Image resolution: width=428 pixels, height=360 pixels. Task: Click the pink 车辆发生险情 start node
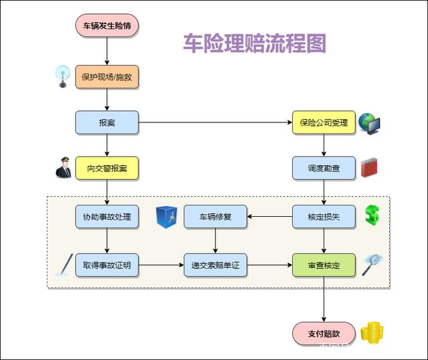pos(106,25)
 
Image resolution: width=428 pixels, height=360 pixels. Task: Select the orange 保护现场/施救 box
pos(106,77)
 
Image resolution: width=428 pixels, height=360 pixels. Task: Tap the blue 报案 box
pos(106,122)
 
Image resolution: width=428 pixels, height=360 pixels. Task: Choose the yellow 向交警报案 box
pos(106,168)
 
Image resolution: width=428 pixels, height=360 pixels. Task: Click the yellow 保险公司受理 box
pos(324,122)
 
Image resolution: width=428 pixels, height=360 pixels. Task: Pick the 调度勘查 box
pos(324,168)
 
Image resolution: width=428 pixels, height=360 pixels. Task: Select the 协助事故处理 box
pos(106,217)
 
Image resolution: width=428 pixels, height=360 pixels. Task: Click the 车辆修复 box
pos(215,217)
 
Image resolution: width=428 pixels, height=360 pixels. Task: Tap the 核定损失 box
pos(324,217)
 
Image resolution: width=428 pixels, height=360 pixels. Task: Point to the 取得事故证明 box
pos(106,265)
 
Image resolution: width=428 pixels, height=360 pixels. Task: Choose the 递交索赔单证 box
pos(215,265)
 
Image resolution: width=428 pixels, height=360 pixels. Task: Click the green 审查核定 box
pos(324,265)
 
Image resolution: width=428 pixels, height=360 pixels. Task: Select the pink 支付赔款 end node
pos(324,333)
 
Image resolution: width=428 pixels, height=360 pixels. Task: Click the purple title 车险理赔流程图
pos(255,43)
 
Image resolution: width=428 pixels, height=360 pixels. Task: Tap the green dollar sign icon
pos(372,215)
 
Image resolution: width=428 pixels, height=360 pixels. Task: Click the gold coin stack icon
pos(371,333)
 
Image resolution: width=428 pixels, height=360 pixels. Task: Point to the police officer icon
pos(64,167)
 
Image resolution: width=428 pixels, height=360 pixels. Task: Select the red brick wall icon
pos(370,168)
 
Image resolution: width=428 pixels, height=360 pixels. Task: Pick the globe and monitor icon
pos(369,122)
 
